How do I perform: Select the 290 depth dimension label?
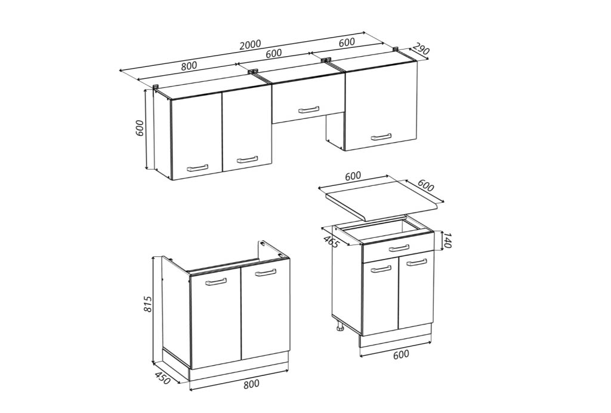pos(421,48)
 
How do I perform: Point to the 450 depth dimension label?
pos(163,378)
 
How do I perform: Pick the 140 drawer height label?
pos(447,240)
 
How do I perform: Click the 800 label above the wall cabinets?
pos(189,66)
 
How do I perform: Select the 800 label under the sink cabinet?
pos(251,384)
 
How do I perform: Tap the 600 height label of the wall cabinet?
pos(140,128)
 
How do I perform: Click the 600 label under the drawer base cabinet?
pos(401,354)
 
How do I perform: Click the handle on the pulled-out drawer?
pos(399,248)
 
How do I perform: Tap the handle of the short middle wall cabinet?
pos(308,110)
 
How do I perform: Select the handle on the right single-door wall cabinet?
pos(381,137)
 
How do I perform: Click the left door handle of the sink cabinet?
pos(216,282)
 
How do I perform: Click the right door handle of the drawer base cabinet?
pos(416,263)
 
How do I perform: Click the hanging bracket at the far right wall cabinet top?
pos(396,49)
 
